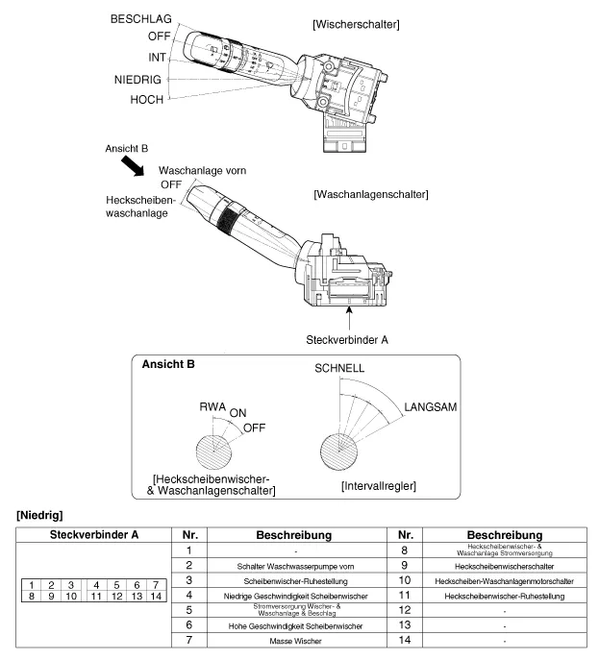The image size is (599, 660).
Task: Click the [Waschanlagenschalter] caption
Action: pos(371,194)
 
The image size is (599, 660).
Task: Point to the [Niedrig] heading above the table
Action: pos(33,518)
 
